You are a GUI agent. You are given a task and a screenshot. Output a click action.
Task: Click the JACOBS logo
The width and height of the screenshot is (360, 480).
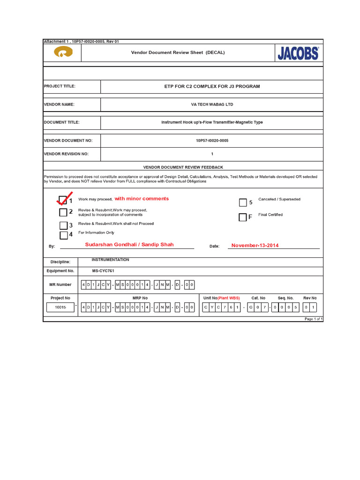tap(298, 53)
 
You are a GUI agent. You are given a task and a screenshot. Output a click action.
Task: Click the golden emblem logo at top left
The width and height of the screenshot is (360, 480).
tap(62, 53)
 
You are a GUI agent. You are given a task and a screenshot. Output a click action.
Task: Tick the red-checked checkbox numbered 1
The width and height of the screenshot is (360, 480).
tap(62, 200)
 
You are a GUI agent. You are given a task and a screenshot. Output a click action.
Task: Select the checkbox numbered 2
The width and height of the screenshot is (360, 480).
tap(63, 212)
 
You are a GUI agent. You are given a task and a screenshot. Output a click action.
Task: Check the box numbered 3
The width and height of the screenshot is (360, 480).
tap(63, 225)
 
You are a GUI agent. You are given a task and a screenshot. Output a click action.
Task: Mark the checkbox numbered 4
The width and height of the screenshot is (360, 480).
tap(63, 235)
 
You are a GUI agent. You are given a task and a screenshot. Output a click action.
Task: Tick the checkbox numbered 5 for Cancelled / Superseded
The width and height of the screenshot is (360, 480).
tap(242, 202)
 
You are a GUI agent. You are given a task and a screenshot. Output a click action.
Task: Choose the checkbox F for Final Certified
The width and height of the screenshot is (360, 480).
tap(242, 217)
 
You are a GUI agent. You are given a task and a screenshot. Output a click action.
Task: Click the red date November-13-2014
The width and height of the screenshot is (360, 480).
tap(255, 245)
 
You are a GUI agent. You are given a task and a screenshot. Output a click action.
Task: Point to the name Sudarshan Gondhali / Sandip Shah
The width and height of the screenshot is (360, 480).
tap(129, 245)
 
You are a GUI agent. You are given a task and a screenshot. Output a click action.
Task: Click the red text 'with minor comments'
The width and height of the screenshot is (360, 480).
tap(142, 199)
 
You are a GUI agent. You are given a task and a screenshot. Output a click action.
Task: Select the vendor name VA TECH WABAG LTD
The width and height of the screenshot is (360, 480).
tap(212, 105)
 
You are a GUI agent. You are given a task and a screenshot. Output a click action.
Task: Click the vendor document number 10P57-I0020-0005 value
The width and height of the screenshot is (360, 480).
tap(212, 140)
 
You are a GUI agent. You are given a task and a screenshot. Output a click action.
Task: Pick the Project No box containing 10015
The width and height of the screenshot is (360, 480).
tap(60, 307)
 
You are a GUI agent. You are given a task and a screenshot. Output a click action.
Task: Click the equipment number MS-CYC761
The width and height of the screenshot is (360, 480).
tap(103, 271)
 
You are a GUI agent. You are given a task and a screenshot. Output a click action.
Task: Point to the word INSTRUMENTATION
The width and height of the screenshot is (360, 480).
tap(110, 260)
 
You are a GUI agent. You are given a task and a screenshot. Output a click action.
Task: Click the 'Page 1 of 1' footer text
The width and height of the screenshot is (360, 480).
tap(313, 319)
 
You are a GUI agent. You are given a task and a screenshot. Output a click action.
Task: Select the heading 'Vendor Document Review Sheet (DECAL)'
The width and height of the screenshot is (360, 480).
tap(178, 52)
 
